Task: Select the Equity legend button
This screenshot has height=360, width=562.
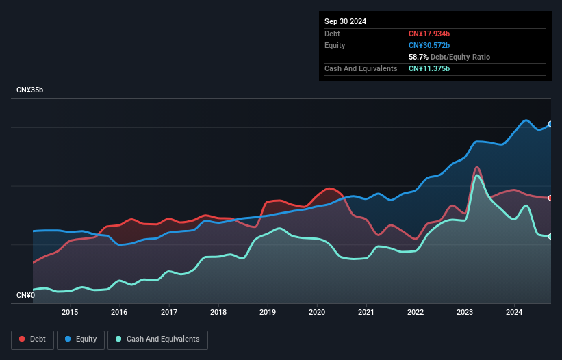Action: click(x=81, y=339)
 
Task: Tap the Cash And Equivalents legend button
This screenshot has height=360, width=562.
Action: click(x=157, y=339)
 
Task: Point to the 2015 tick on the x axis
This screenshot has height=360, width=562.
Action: click(x=70, y=313)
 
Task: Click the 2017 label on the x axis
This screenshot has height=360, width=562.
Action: click(x=169, y=313)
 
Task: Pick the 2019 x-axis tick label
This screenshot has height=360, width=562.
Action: click(x=268, y=313)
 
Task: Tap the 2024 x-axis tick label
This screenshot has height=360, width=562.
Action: click(x=514, y=313)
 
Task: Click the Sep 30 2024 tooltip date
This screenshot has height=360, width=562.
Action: click(x=345, y=21)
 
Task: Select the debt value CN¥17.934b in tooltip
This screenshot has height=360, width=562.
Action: click(x=429, y=34)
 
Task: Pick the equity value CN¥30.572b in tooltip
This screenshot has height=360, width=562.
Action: click(x=429, y=45)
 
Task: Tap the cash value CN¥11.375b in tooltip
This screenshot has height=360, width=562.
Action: click(x=429, y=68)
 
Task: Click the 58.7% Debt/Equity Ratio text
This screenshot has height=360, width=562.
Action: click(x=449, y=57)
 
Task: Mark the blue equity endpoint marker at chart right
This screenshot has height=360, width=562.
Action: click(x=550, y=124)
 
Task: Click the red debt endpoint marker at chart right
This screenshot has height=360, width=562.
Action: click(x=550, y=198)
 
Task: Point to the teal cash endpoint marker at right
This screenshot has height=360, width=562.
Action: click(x=550, y=236)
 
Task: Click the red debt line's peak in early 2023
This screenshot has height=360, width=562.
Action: click(x=476, y=166)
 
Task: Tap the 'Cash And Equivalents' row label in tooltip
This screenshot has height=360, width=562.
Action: click(x=361, y=68)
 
